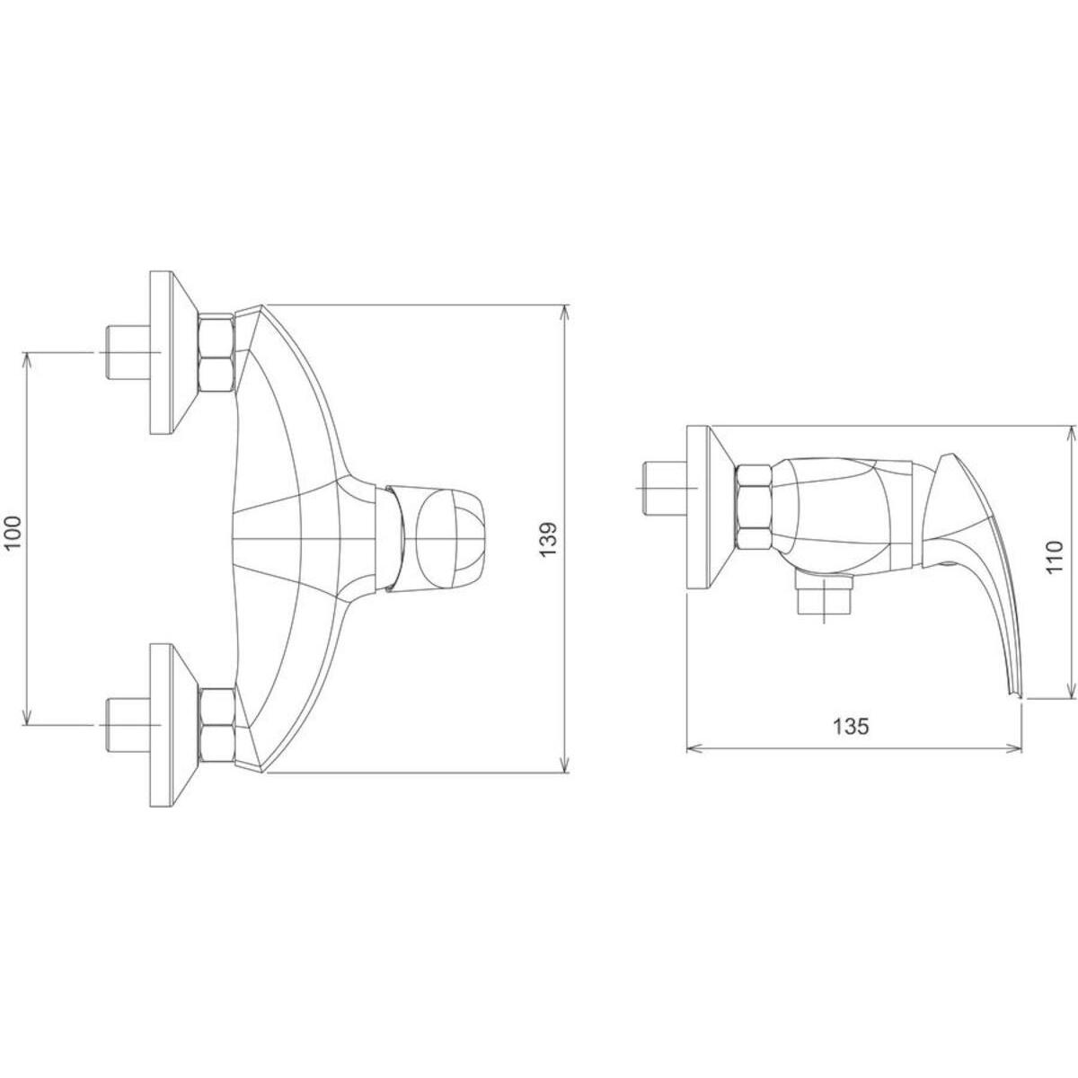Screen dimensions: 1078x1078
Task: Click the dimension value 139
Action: tap(549, 539)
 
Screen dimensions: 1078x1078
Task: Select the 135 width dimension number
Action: tap(852, 728)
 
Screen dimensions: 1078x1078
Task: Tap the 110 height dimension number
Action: tap(1054, 556)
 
